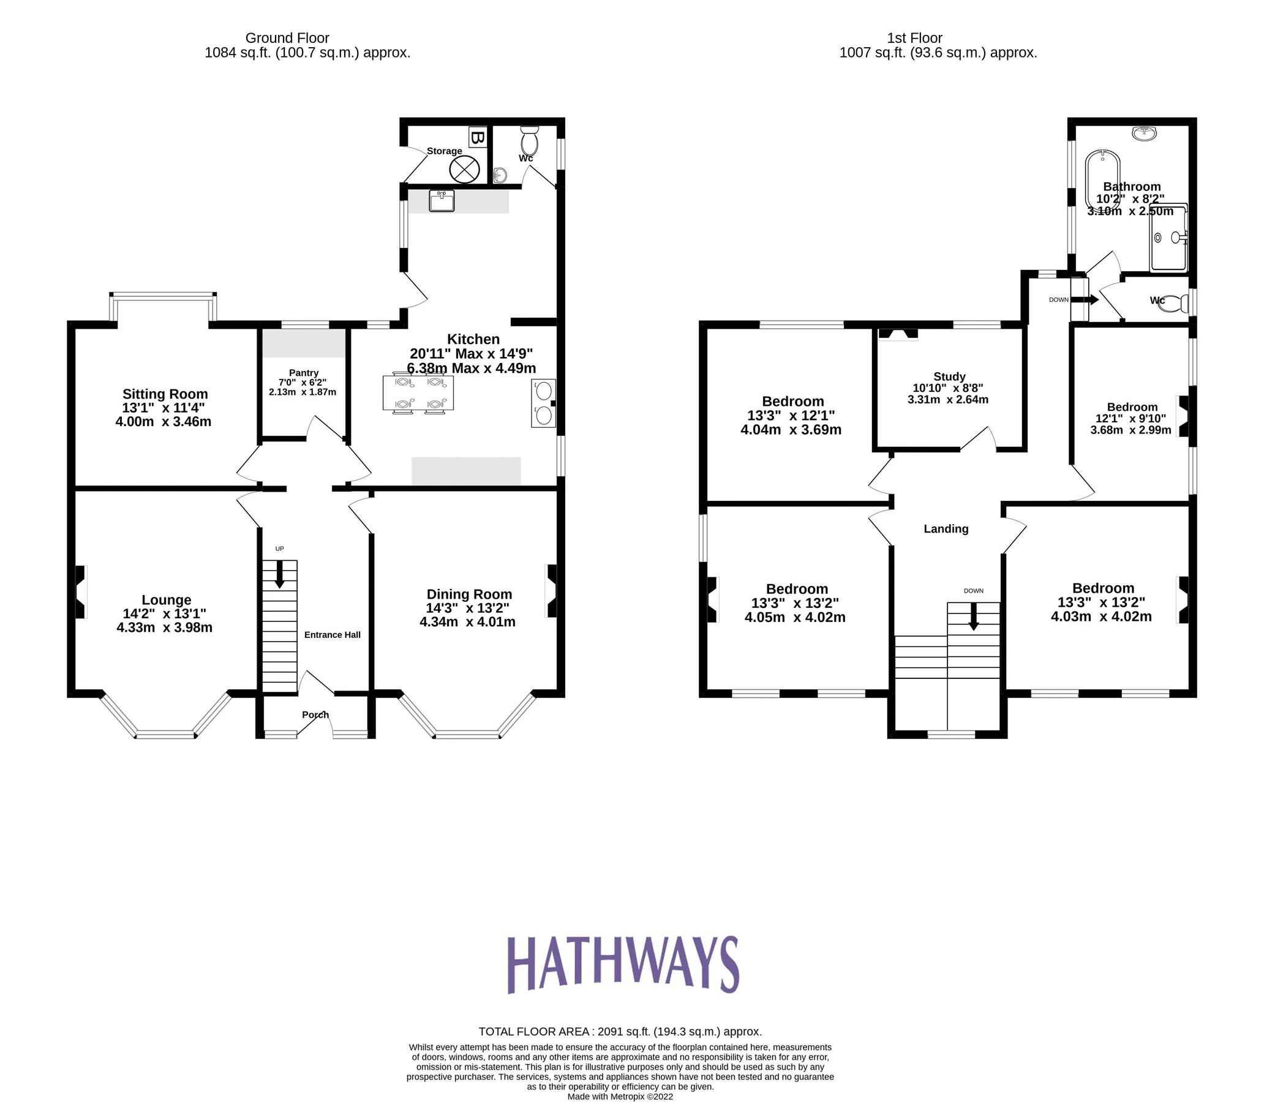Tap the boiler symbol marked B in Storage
(477, 137)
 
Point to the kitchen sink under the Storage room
(442, 201)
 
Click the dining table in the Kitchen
(418, 392)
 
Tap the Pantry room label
(303, 373)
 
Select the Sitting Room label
(165, 394)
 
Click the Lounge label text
(166, 599)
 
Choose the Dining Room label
(469, 594)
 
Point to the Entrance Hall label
(332, 635)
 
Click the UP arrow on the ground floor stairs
(280, 574)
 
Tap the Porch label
(315, 714)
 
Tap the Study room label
(949, 377)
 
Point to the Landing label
(946, 529)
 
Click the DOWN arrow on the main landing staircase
(973, 616)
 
